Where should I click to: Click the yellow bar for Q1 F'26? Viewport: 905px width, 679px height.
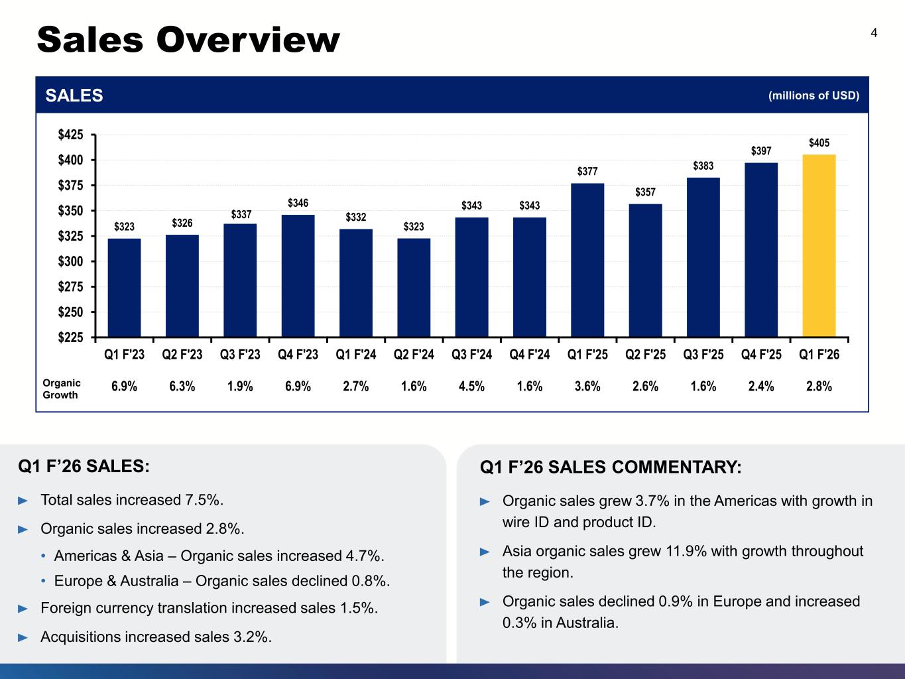pos(819,245)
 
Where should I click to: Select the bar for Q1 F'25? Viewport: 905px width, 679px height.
pos(587,260)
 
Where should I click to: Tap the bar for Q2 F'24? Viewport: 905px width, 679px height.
pos(414,287)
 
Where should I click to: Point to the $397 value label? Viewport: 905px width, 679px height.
pos(761,151)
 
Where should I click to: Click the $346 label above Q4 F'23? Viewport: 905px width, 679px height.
pos(298,203)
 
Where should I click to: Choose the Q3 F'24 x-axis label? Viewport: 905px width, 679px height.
pos(471,355)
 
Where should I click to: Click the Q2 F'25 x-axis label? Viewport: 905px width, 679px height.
pos(645,355)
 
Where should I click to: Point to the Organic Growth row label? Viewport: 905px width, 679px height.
pos(62,389)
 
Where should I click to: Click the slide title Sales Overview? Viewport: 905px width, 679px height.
pos(188,40)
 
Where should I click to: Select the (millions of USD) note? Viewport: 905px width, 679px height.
pos(814,95)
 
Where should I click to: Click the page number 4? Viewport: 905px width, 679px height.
pos(874,33)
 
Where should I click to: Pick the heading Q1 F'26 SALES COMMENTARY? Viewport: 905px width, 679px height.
pos(611,467)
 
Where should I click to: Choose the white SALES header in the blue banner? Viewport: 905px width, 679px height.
pos(74,95)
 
